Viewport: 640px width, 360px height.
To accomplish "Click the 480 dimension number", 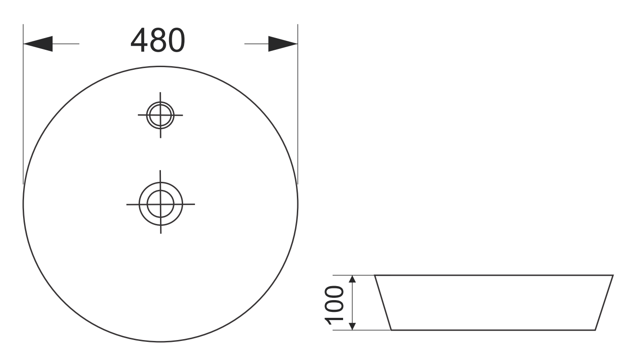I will click(x=158, y=40).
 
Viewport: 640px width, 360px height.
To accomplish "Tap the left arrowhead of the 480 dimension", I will click(x=38, y=44).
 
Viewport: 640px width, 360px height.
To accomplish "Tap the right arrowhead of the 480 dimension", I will click(x=282, y=44).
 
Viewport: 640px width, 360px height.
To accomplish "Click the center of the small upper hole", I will click(x=160, y=115).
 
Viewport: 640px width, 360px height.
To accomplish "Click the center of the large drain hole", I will click(x=160, y=204).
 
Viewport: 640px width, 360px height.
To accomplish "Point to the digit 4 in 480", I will click(x=139, y=40).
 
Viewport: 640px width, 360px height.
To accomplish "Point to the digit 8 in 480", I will click(x=158, y=40).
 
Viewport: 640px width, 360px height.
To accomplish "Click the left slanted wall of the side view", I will click(x=383, y=302).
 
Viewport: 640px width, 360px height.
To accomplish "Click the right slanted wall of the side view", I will click(x=604, y=302).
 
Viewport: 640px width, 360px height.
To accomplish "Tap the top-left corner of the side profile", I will click(x=375, y=275).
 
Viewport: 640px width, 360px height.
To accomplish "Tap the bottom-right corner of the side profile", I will click(x=595, y=330).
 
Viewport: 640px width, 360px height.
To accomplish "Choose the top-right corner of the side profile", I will click(x=613, y=275).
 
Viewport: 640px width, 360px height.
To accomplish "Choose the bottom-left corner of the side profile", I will click(x=391, y=330).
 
